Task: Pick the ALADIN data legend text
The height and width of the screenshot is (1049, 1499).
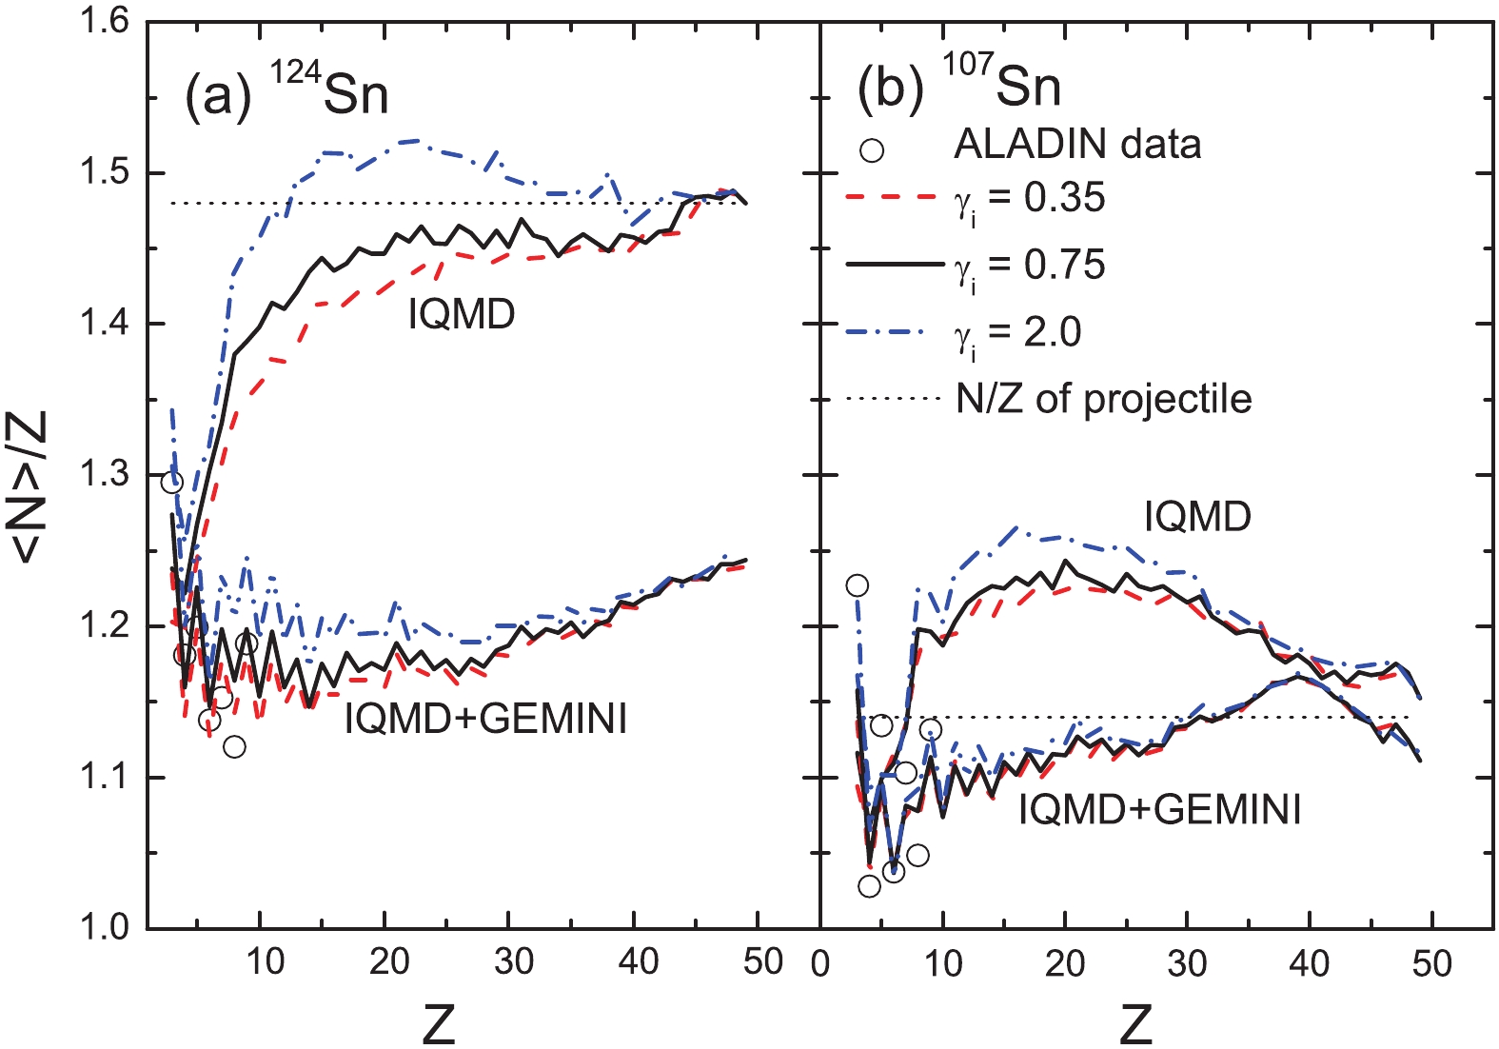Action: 1077,145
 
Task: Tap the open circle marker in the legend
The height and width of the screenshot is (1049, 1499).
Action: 871,149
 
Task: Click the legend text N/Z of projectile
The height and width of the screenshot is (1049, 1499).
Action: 1104,399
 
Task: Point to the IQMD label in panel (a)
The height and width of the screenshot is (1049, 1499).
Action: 462,314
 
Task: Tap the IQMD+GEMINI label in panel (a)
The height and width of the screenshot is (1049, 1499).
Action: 485,718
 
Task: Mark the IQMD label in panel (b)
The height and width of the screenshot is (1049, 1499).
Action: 1197,517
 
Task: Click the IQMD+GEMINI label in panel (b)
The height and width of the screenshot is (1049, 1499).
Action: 1159,810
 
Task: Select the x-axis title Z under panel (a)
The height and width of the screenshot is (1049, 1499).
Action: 439,1024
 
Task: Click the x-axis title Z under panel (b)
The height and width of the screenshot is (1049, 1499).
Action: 1136,1024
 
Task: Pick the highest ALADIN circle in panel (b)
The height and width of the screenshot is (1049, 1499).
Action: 857,584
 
